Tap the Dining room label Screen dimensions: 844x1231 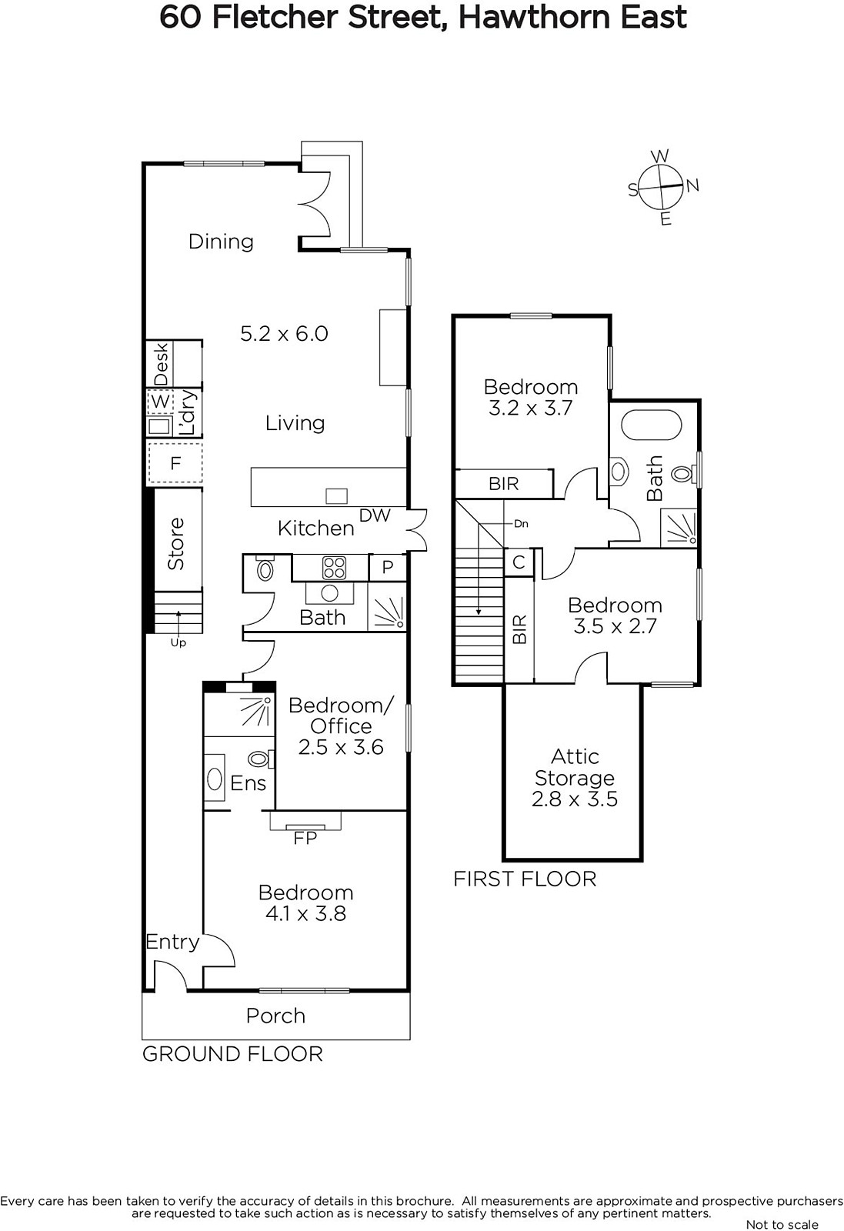(221, 242)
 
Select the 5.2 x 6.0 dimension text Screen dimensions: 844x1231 (284, 334)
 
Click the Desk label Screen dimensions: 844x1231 (161, 364)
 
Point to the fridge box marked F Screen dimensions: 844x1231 (175, 463)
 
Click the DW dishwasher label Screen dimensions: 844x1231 (375, 515)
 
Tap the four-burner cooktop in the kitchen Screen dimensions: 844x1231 (334, 568)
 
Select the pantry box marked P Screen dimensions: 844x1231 (388, 568)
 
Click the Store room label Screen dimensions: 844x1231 (176, 543)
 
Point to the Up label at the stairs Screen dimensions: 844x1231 (178, 642)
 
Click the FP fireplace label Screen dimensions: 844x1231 (305, 838)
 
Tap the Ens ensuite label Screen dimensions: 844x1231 (249, 783)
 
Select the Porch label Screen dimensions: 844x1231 (276, 1016)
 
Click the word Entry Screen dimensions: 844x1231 (172, 942)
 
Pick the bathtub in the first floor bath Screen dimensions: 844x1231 (652, 424)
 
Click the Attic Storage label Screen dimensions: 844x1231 (575, 767)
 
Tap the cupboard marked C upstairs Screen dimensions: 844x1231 (519, 562)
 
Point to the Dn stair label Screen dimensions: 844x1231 (521, 524)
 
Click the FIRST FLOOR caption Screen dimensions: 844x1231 (525, 879)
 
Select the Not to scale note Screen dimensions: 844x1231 (782, 1224)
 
